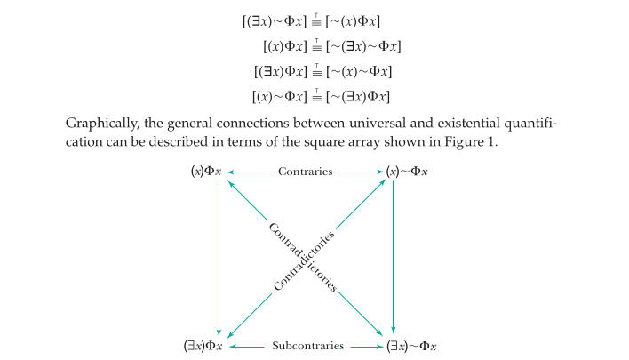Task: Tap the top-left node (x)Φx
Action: pos(205,171)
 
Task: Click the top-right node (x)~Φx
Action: pos(408,171)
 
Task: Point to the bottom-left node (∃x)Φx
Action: pos(203,346)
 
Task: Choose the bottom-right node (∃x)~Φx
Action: pos(410,346)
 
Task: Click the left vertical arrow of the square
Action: pos(219,258)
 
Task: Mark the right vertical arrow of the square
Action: pos(394,258)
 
